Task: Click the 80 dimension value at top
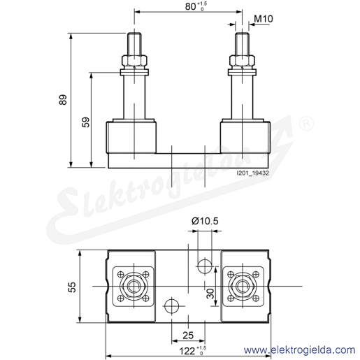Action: [191, 6]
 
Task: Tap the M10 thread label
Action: [264, 19]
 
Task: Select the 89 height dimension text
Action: [63, 100]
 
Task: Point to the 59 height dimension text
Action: [85, 122]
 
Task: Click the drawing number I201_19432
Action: [253, 173]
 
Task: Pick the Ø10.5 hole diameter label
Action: [205, 221]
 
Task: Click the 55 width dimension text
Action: [72, 287]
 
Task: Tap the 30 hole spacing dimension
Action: [210, 294]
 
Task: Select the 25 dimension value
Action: [188, 335]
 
